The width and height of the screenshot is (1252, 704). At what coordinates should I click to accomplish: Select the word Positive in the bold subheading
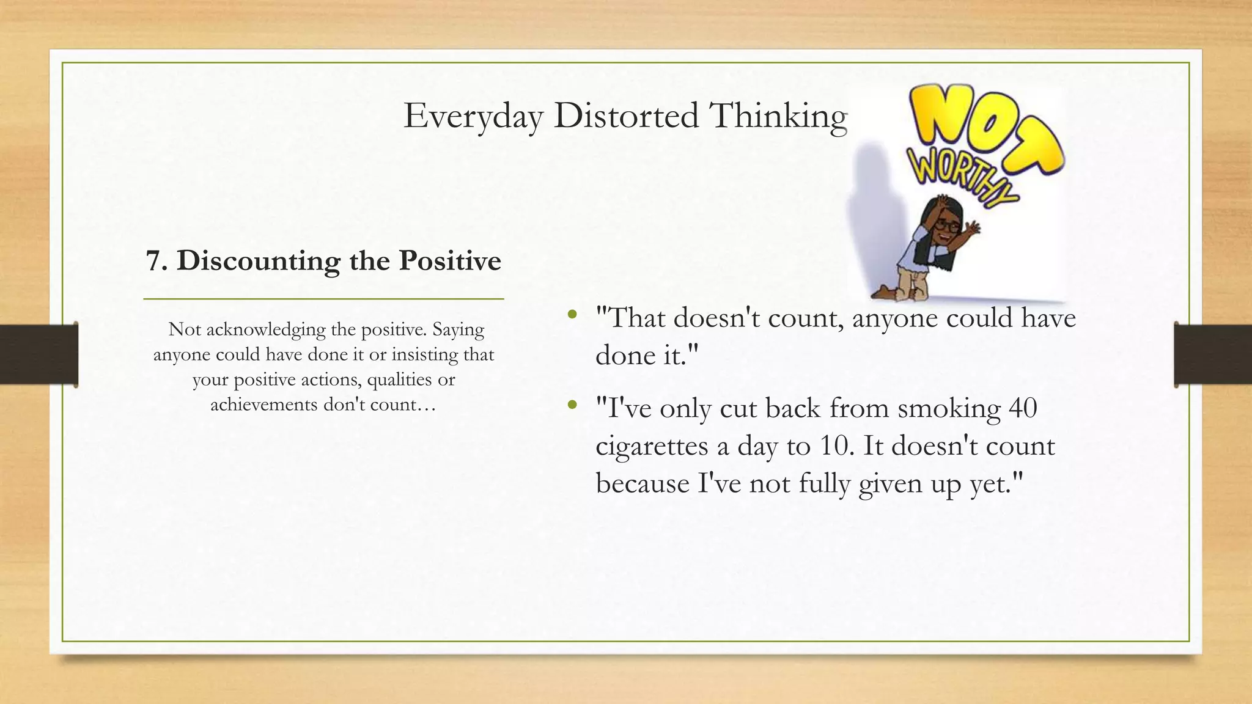click(x=450, y=261)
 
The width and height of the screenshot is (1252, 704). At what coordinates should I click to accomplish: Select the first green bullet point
click(x=572, y=315)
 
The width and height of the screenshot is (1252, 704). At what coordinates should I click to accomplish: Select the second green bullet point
click(x=572, y=405)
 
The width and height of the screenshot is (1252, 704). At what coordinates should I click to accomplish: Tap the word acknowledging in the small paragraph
click(x=257, y=330)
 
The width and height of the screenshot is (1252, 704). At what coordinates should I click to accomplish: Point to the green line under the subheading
click(x=323, y=299)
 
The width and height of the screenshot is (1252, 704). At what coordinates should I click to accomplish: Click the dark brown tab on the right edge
click(x=1213, y=354)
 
